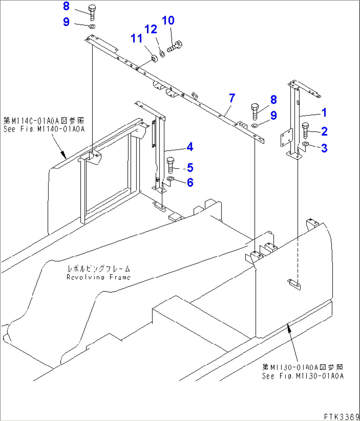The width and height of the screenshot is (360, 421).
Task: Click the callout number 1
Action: tap(324, 113)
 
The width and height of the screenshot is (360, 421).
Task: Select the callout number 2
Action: tap(324, 131)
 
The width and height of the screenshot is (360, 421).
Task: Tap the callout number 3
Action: tap(324, 148)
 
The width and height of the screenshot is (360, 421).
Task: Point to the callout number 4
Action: tap(190, 147)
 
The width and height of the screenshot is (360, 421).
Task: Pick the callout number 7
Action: tap(232, 98)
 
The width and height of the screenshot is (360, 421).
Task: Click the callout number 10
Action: tap(168, 20)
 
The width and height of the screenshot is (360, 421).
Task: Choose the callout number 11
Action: tap(136, 38)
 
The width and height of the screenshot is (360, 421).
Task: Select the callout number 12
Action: tap(151, 29)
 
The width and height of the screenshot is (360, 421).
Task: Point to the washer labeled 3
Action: tap(306, 144)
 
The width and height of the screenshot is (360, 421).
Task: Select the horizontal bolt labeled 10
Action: tap(175, 46)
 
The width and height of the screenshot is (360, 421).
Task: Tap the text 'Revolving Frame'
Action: tap(98, 277)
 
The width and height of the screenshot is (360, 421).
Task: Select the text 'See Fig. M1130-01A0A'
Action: tap(303, 376)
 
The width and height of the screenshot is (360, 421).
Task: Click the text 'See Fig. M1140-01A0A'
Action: tap(44, 129)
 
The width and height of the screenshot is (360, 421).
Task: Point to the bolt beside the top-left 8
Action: tap(92, 12)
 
